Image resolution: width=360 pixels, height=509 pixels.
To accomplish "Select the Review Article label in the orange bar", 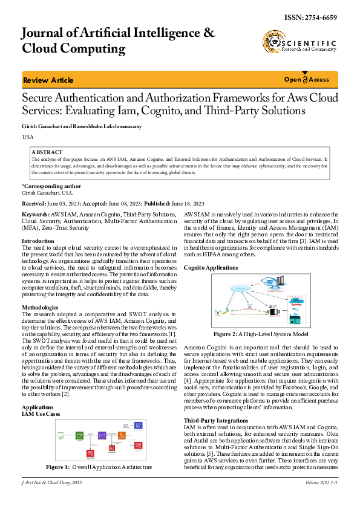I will [x=48, y=80].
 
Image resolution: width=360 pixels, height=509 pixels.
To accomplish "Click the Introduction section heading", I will [x=38, y=241].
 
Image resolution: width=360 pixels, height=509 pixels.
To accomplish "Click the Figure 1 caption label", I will [x=59, y=467].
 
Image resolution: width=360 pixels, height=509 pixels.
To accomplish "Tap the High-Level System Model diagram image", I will [x=261, y=301].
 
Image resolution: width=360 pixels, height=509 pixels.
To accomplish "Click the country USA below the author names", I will [x=28, y=138].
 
